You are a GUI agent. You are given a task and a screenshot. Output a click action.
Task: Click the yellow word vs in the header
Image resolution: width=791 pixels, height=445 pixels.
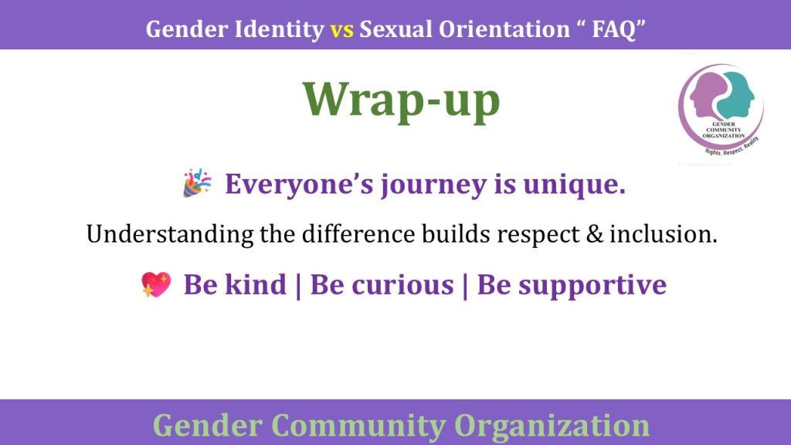[x=342, y=30]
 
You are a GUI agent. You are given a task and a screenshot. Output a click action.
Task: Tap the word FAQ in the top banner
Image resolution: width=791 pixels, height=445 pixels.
[x=614, y=29]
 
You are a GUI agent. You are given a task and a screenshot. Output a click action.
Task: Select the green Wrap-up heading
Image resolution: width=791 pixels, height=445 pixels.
[x=401, y=100]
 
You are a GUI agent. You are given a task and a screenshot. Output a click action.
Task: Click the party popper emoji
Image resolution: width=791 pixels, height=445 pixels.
[x=197, y=182]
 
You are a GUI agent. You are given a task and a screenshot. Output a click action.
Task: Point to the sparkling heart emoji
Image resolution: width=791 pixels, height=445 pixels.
[x=156, y=284]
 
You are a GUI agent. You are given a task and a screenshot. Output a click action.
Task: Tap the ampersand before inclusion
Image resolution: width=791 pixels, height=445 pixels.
[x=594, y=234]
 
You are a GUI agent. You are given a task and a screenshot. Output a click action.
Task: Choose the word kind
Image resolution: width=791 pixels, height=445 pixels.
[x=255, y=284]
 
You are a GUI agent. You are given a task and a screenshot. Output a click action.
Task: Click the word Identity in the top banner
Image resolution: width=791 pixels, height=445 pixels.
[x=280, y=30]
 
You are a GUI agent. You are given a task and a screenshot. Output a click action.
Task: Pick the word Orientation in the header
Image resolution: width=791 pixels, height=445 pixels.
[x=504, y=29]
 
